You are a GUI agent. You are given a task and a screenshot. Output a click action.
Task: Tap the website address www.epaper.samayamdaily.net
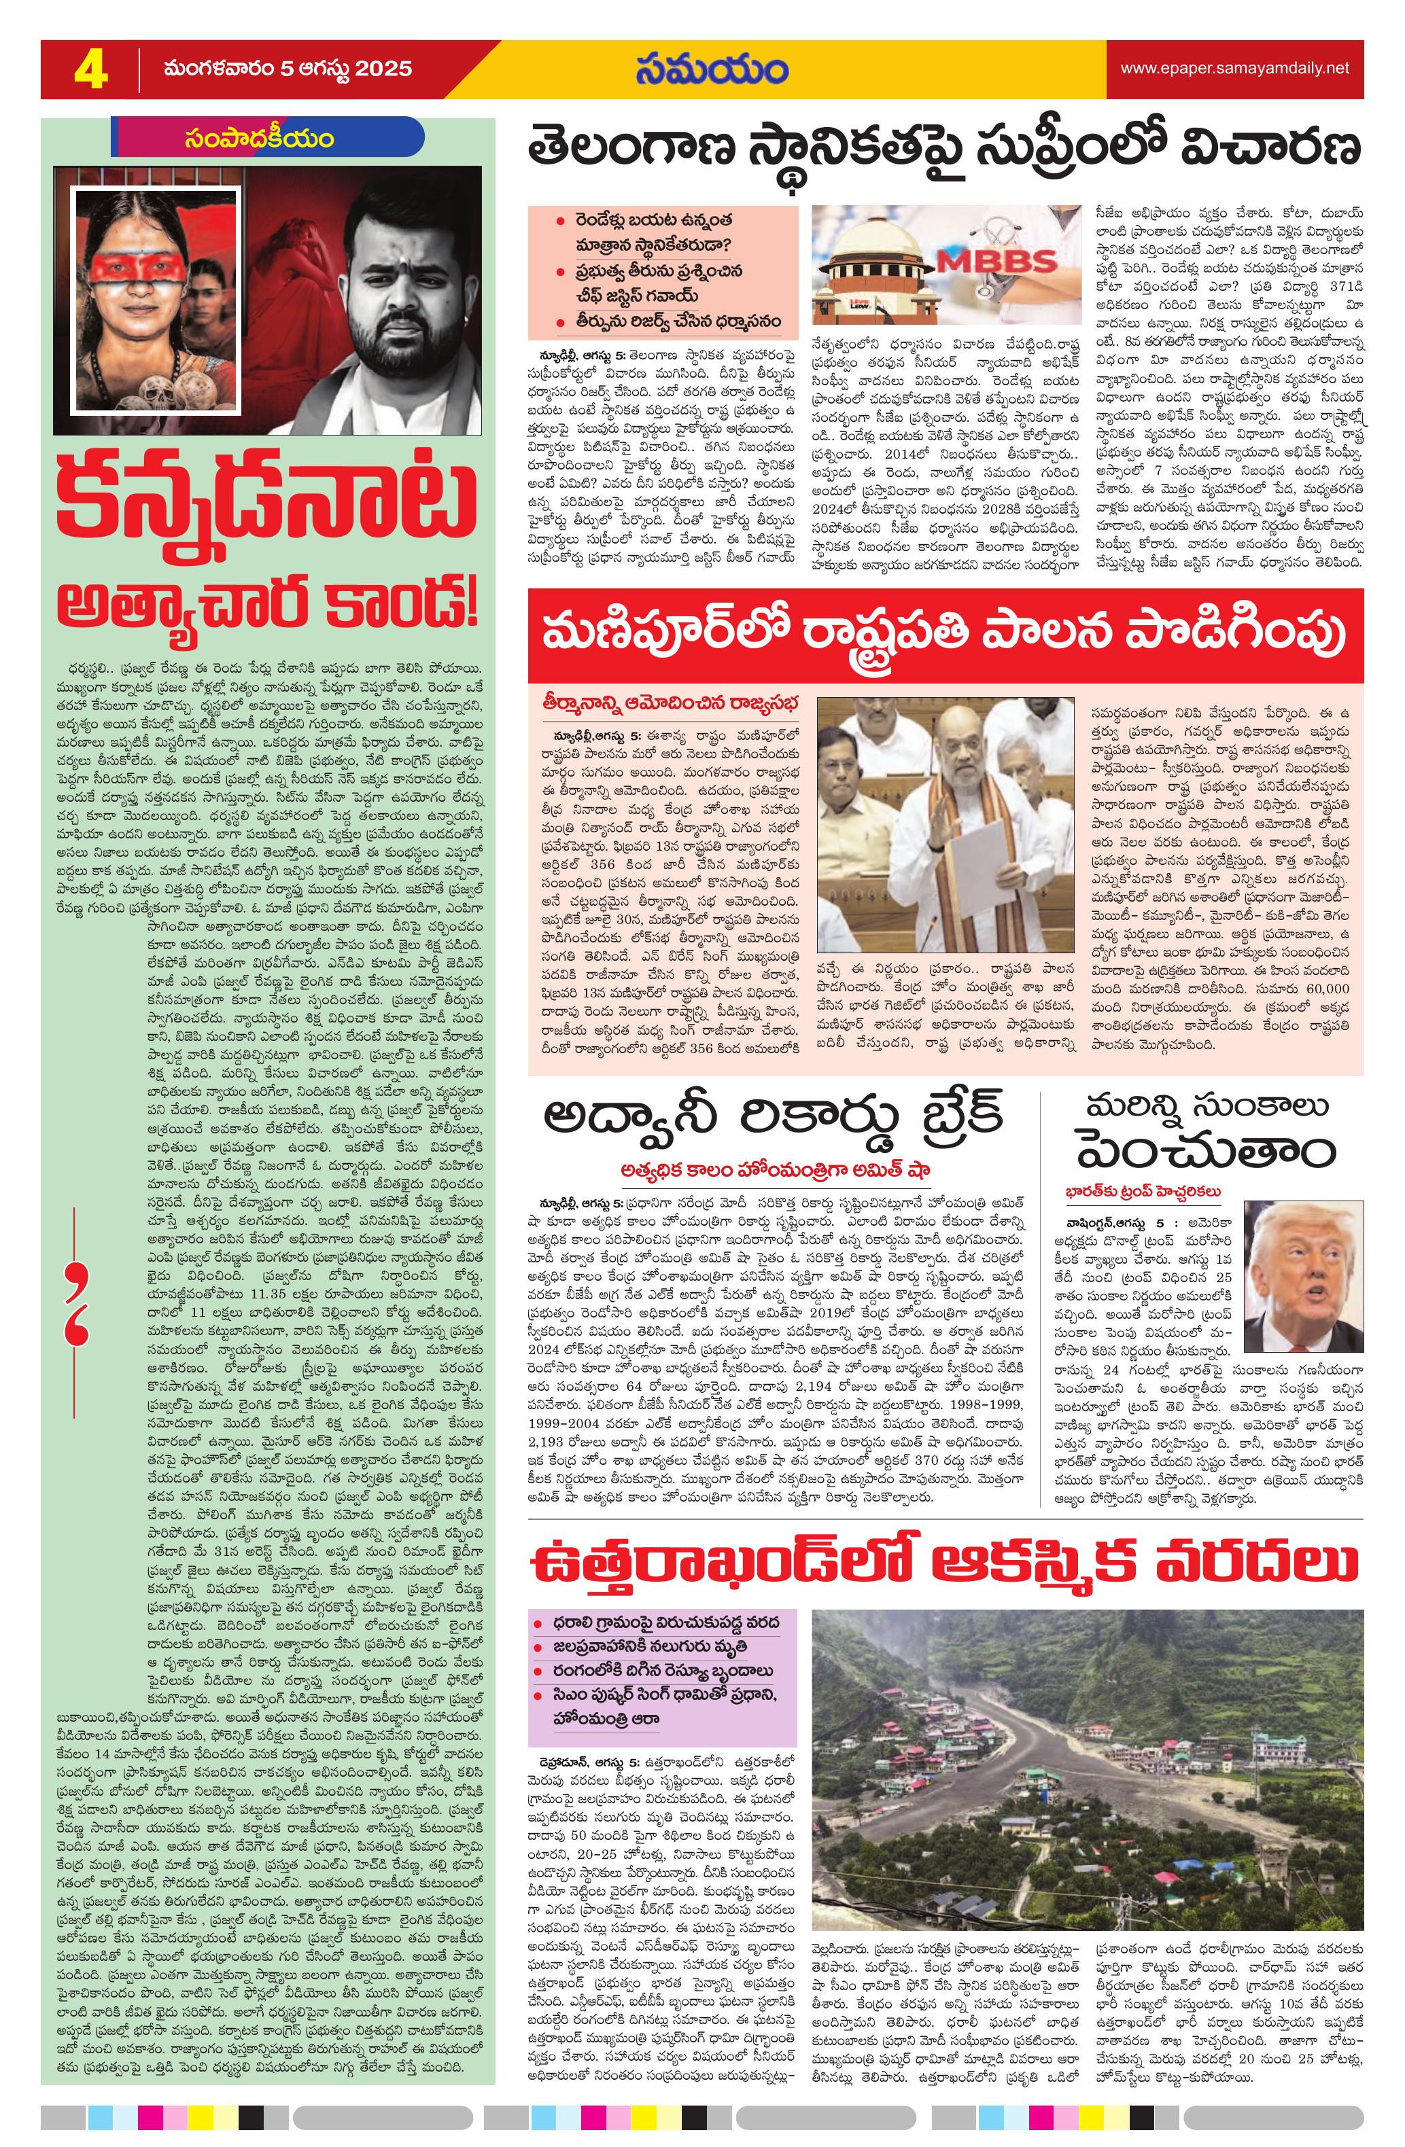(x=1234, y=69)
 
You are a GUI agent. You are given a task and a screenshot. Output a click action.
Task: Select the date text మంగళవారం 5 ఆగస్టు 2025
(x=287, y=69)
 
